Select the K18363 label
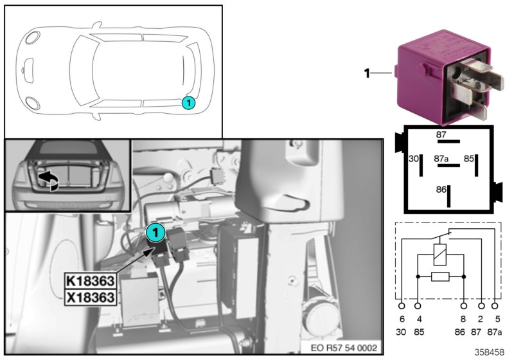(x=90, y=281)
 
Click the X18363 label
(x=90, y=297)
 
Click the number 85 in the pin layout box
(x=469, y=157)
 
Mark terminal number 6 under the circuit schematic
(x=402, y=319)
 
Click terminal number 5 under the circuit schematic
(x=497, y=319)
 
